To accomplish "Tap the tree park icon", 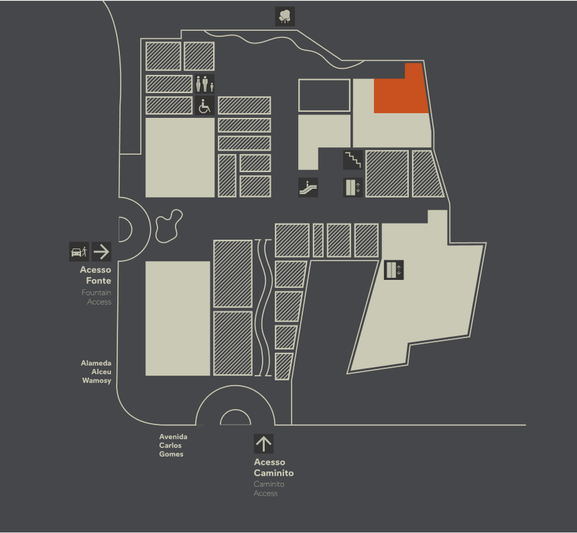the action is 285,17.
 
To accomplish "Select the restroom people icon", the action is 204,84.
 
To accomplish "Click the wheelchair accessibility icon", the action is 204,106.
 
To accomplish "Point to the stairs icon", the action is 353,160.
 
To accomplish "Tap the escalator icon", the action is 308,187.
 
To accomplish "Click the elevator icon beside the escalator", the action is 353,187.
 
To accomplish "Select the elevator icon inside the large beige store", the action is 394,270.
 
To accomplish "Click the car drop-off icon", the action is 79,252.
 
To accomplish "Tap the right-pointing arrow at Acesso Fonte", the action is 102,252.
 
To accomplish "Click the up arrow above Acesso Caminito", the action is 263,444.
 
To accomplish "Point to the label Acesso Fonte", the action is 96,275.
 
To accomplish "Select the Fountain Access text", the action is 97,297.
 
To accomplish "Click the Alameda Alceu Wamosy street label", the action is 96,372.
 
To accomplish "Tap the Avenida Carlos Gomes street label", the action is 174,445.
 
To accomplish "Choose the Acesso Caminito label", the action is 274,467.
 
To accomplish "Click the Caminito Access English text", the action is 269,489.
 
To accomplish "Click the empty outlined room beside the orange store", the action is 324,95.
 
